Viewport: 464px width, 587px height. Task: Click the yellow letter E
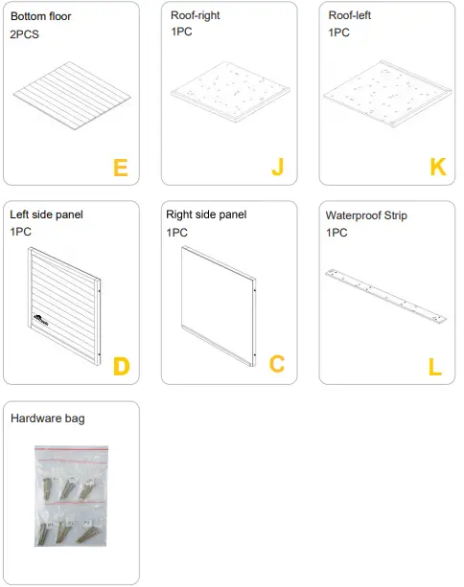[120, 168]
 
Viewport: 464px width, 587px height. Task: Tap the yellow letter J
[278, 168]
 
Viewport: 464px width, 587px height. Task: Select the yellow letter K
[438, 168]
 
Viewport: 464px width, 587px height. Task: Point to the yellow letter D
[121, 365]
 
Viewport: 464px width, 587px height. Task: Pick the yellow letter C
[277, 365]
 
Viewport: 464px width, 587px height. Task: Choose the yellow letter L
[435, 365]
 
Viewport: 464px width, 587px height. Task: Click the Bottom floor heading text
[40, 16]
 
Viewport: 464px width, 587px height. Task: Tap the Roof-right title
[195, 15]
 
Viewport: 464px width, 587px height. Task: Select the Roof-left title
[351, 15]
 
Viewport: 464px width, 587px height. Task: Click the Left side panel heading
[46, 214]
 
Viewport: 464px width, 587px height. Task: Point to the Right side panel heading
[206, 214]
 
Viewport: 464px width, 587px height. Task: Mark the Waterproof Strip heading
[366, 215]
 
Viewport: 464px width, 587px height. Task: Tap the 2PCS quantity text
[24, 34]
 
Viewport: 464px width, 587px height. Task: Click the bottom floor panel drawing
[72, 94]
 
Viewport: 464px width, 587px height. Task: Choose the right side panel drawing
[220, 300]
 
